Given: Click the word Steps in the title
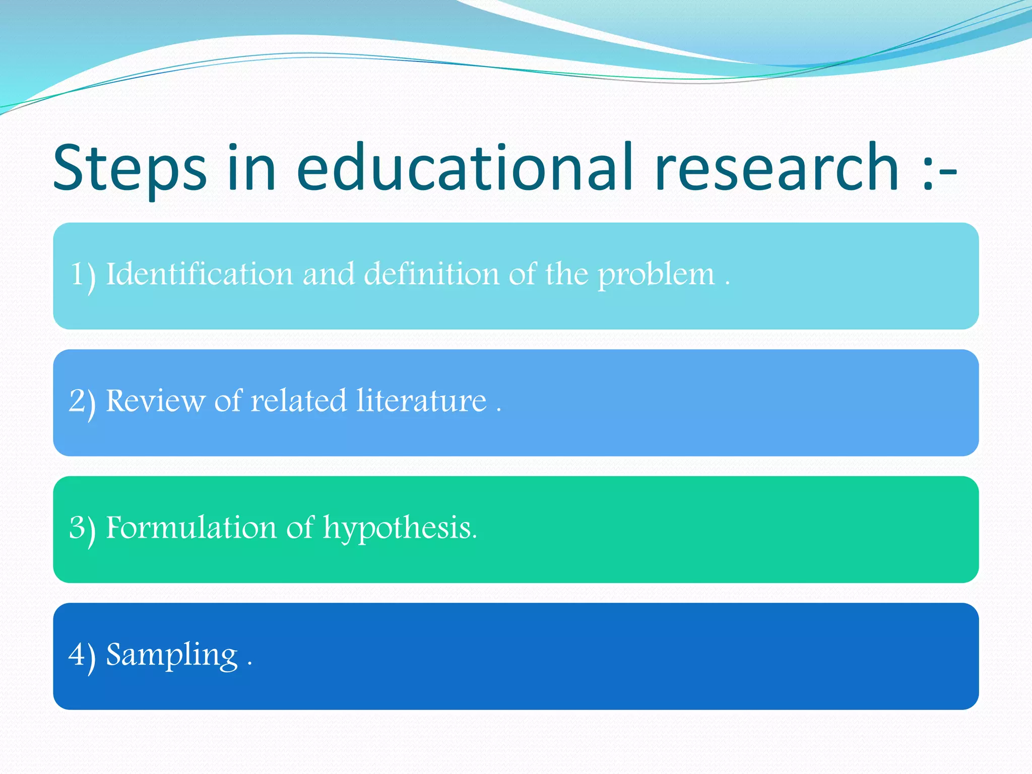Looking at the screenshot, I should pos(130,169).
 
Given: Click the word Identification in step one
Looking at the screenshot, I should pos(199,274).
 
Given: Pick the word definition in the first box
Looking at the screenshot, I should pos(431,274).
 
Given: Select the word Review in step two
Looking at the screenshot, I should pos(155,401).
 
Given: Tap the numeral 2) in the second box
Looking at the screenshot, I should pos(82,403).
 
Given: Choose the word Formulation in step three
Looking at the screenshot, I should pos(191,528).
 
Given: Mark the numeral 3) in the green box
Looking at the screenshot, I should pos(82,530).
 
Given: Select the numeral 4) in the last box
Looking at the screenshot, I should pos(82,656).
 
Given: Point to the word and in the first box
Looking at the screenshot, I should pos(329,274).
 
